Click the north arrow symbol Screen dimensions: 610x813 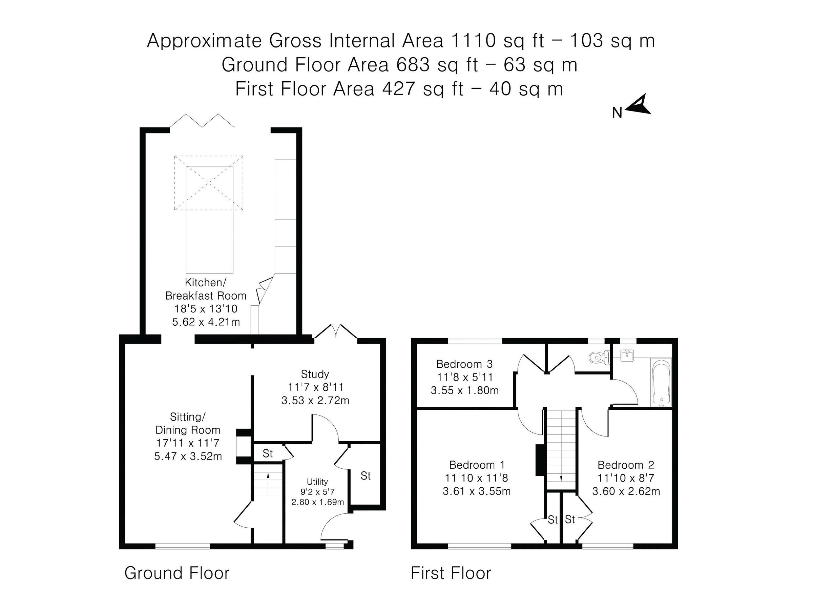(x=639, y=105)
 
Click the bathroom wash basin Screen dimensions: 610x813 (x=626, y=355)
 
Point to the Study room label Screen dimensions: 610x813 (x=315, y=374)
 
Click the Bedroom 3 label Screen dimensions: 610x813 (x=464, y=364)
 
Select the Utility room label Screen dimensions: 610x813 (x=317, y=482)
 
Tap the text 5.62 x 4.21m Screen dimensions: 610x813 (x=206, y=322)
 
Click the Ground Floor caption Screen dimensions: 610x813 (x=177, y=573)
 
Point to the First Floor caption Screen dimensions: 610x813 (x=451, y=573)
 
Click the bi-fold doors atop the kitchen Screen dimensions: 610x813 (x=202, y=121)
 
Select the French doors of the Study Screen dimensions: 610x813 (x=336, y=331)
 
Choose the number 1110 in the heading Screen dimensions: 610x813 (x=473, y=40)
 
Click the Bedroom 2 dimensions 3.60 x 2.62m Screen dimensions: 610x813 (x=626, y=491)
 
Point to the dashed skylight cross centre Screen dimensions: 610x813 (x=209, y=183)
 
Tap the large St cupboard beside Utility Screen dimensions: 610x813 (x=365, y=476)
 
